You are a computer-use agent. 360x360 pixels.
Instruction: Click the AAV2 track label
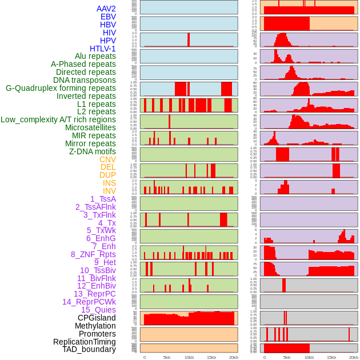pyautogui.click(x=106, y=9)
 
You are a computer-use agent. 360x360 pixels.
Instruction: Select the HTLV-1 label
pyautogui.click(x=103, y=49)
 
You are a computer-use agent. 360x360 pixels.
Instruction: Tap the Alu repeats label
pyautogui.click(x=95, y=57)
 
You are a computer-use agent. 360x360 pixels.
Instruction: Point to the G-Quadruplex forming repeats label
pyautogui.click(x=61, y=89)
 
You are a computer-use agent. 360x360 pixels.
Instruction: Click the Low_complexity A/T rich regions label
pyautogui.click(x=58, y=120)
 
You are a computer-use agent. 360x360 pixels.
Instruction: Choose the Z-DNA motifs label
pyautogui.click(x=93, y=151)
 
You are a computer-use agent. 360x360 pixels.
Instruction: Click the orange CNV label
pyautogui.click(x=107, y=159)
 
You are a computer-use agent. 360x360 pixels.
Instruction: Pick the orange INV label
pyautogui.click(x=109, y=191)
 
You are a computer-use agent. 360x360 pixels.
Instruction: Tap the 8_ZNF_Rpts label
pyautogui.click(x=93, y=254)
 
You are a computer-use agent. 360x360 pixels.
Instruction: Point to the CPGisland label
pyautogui.click(x=97, y=318)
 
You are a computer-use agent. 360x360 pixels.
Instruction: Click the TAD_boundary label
pyautogui.click(x=89, y=349)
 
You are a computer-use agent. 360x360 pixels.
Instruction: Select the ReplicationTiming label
pyautogui.click(x=85, y=342)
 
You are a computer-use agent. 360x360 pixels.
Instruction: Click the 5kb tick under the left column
pyautogui.click(x=167, y=357)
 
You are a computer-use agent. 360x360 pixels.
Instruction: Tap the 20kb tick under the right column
pyautogui.click(x=354, y=357)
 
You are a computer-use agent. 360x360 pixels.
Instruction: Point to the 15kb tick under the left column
pyautogui.click(x=211, y=357)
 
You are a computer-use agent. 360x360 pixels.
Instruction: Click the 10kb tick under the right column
pyautogui.click(x=309, y=357)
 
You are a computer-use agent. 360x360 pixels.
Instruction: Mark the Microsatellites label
pyautogui.click(x=90, y=127)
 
